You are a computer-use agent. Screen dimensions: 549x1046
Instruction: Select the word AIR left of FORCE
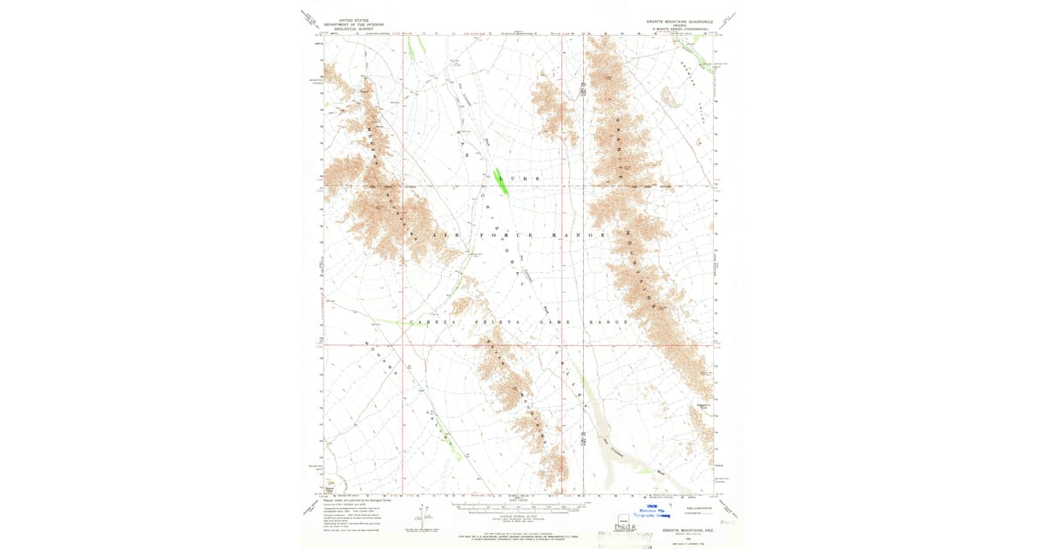(444, 236)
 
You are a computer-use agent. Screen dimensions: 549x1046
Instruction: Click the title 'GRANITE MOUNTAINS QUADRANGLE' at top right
(680, 20)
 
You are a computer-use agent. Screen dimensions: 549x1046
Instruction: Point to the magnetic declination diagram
(425, 513)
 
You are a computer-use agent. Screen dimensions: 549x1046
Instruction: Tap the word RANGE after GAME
(610, 322)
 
